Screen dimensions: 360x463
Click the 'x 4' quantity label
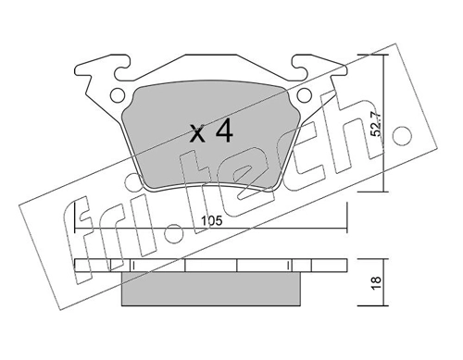[211, 132]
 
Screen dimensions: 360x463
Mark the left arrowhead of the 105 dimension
[76, 228]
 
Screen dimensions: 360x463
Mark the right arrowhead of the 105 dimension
[346, 228]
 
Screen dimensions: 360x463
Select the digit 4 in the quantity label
[223, 132]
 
